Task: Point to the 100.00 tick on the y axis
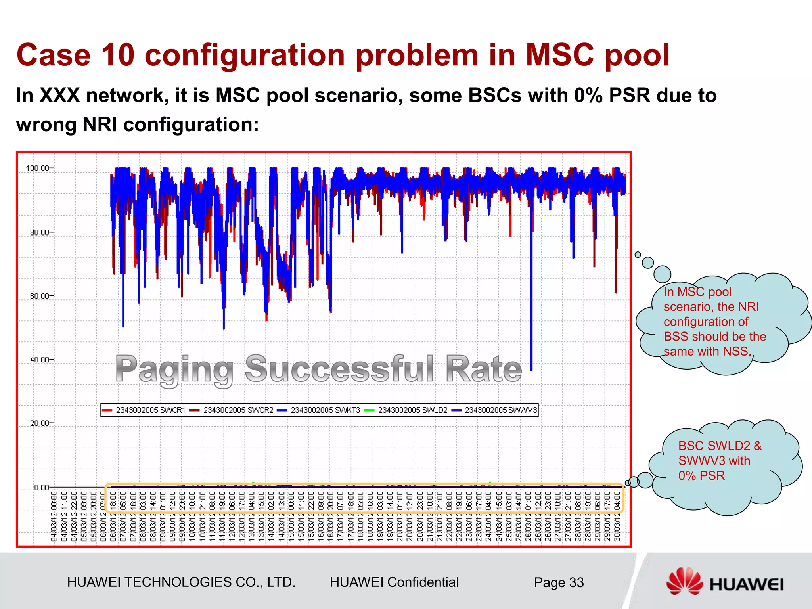click(x=38, y=169)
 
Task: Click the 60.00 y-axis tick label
click(x=40, y=296)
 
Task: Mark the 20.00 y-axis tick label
click(x=40, y=423)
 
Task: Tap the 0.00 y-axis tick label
click(x=42, y=487)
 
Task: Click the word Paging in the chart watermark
click(x=174, y=369)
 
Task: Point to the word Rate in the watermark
click(x=484, y=369)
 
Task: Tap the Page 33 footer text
click(x=559, y=582)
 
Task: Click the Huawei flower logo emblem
click(x=684, y=581)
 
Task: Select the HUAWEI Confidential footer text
click(x=394, y=582)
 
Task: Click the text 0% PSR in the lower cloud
click(x=701, y=475)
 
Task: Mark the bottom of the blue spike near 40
click(x=531, y=369)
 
